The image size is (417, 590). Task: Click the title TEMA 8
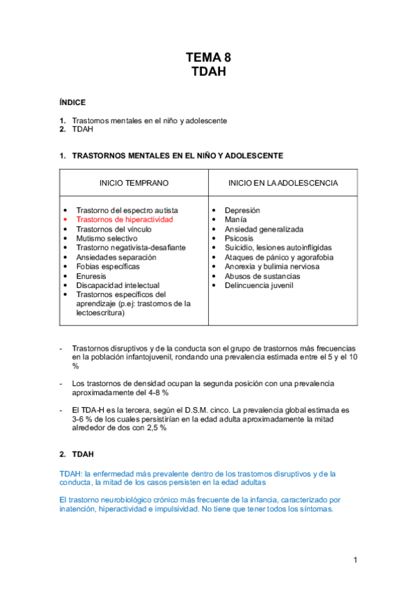coord(208,58)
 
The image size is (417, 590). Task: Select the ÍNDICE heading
coord(72,102)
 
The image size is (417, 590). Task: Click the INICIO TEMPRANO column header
coord(134,183)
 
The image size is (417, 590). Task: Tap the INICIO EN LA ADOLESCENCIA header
coord(283,183)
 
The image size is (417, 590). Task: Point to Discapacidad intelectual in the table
coord(118,285)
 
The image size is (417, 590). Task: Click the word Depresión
coord(242,210)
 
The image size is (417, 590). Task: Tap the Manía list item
coord(235,219)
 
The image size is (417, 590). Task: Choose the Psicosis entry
coord(239,238)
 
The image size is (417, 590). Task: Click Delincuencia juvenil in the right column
coord(258,285)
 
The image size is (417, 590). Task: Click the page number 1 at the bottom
coord(355,560)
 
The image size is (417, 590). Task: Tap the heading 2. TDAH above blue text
coord(77,454)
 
